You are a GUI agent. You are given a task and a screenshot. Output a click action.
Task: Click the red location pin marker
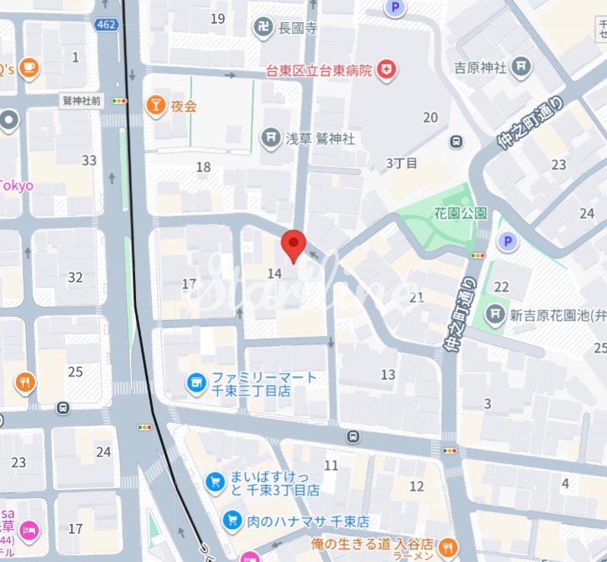pos(294,245)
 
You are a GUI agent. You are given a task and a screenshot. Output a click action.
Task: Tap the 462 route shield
pos(106,25)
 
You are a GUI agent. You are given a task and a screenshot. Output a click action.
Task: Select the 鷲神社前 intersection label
pos(82,100)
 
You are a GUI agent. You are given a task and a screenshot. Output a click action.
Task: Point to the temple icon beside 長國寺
pos(263,29)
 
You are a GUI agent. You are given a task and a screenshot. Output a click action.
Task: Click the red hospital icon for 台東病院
pos(389,70)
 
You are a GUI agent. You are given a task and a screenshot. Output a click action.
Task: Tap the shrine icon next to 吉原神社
pos(522,67)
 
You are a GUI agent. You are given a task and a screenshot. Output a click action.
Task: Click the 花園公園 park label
pos(460,213)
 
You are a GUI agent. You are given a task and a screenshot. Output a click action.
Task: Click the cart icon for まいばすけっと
pos(215,482)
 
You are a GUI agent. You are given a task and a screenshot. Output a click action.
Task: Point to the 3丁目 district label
pos(402,163)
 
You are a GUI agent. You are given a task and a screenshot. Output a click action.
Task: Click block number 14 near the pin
pos(275,273)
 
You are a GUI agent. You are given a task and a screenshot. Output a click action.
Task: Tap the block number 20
pos(431,117)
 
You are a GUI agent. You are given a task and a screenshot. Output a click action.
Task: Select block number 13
pos(388,374)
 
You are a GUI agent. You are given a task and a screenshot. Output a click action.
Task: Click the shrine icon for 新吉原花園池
pos(496,313)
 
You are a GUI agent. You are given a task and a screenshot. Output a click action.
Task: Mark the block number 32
pos(75,277)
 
